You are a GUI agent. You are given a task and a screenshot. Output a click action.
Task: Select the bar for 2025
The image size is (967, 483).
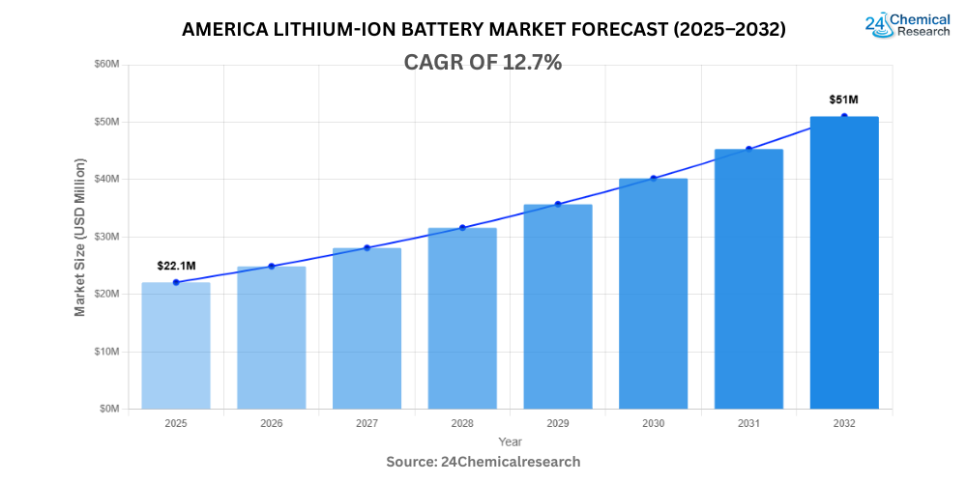175,345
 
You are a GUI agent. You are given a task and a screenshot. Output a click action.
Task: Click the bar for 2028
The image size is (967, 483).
462,318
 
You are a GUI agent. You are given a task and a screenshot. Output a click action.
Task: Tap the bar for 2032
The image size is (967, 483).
844,262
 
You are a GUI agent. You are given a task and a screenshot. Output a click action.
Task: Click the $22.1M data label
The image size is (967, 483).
177,266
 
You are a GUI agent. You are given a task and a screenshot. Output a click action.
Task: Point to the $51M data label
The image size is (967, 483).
844,99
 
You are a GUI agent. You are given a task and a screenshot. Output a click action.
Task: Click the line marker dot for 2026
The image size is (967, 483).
272,266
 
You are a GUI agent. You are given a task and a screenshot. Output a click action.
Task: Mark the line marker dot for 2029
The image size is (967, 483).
558,204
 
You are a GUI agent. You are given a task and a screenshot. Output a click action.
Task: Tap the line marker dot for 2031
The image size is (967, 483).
748,149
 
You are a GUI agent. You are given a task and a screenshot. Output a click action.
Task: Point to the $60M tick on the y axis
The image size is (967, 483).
106,65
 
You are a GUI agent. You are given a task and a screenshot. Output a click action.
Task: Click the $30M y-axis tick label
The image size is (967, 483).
106,237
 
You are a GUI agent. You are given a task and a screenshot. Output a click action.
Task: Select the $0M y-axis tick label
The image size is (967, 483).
109,409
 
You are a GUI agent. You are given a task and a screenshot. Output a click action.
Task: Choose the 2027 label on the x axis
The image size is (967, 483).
366,424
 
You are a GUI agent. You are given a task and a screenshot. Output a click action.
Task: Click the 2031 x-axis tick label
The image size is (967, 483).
748,424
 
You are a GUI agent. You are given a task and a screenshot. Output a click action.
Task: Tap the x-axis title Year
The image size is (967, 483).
510,441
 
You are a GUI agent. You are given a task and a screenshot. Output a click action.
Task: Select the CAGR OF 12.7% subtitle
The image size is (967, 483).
483,63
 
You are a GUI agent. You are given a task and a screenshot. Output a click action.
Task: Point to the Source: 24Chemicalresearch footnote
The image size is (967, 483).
483,462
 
